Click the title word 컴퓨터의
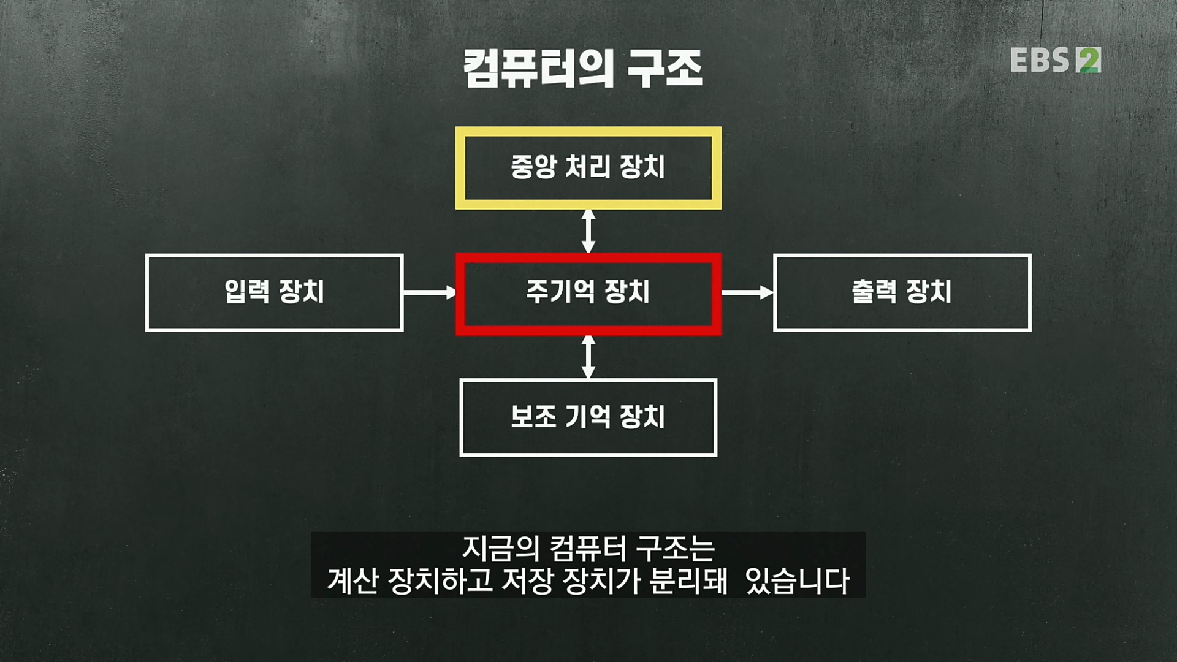538,68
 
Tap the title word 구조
665,68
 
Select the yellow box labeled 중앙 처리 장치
588,167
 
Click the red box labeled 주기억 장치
588,293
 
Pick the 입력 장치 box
274,293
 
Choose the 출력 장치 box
902,293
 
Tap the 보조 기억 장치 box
588,417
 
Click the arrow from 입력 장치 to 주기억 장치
429,293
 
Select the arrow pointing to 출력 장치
747,293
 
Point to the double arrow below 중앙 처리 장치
588,231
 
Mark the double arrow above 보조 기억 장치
588,357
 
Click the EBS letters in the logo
1040,61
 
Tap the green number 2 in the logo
1089,61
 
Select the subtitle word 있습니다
797,581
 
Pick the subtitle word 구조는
675,549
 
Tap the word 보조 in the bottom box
533,417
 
